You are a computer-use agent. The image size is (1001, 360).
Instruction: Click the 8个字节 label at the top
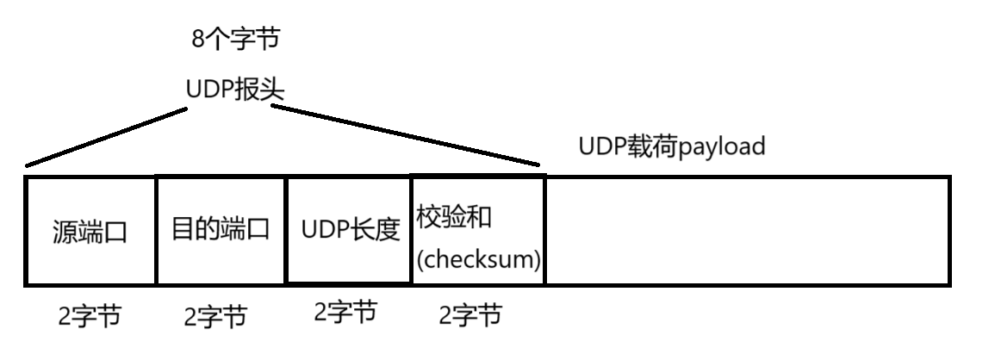[x=235, y=39]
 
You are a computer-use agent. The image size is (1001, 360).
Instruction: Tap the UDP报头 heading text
[x=235, y=90]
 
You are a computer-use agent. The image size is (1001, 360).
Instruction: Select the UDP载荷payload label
[x=672, y=146]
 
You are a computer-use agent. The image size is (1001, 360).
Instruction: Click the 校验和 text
[x=454, y=216]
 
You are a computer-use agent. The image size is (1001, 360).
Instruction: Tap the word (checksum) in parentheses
[x=479, y=259]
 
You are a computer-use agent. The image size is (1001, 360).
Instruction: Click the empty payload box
[x=748, y=231]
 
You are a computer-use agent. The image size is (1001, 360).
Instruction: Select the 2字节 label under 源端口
[x=90, y=317]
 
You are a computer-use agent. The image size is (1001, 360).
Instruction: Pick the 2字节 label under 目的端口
[x=215, y=317]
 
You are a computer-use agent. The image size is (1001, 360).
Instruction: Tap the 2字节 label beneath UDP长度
[x=345, y=312]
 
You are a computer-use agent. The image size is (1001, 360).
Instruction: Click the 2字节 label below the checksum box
[x=470, y=316]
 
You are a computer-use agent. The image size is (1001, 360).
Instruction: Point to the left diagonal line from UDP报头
[x=108, y=137]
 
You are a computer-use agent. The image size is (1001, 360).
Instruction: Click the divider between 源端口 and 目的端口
[x=156, y=231]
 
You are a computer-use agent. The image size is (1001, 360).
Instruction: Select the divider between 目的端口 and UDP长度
[x=286, y=231]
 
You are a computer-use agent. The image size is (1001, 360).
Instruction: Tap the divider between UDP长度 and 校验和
[x=412, y=231]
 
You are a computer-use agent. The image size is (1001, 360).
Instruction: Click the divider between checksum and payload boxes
[x=545, y=231]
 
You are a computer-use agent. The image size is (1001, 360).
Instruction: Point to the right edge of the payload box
[x=949, y=231]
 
